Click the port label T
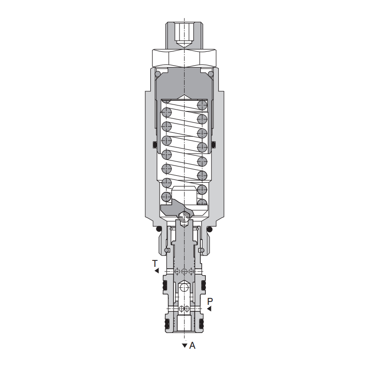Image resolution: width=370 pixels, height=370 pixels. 155,263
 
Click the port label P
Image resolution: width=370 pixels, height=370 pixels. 210,302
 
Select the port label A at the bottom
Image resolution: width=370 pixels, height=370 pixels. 192,345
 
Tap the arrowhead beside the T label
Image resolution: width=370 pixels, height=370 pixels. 157,271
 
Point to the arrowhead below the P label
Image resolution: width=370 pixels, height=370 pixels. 209,308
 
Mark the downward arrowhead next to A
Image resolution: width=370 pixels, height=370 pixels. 185,345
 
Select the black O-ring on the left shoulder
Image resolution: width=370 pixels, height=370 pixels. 159,229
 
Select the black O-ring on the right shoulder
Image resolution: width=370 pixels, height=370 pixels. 210,229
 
